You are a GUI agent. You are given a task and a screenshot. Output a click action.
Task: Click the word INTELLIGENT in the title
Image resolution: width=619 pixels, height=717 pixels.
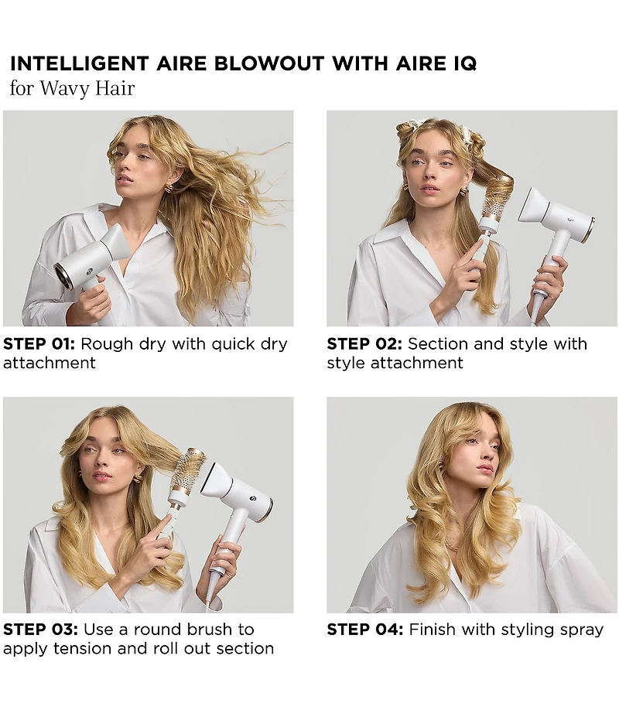(x=69, y=63)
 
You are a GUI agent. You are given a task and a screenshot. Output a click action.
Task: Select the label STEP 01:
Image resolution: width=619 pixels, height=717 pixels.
(x=39, y=344)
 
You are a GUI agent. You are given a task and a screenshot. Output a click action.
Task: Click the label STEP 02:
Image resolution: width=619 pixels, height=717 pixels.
(x=364, y=344)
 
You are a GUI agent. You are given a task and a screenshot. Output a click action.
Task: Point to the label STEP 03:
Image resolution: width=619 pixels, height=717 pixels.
(x=40, y=630)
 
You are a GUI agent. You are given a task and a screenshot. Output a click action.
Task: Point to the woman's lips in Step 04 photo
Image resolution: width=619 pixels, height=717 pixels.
(x=486, y=469)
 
